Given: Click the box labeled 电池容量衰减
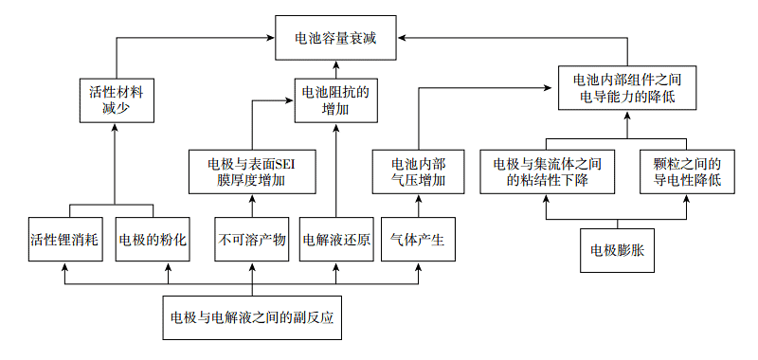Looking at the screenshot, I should (x=335, y=39).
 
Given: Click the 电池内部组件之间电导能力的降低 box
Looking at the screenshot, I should (x=627, y=88).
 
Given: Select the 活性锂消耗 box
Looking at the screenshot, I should (x=64, y=240).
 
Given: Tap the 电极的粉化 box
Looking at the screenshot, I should (x=153, y=240).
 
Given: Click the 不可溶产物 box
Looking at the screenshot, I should (x=252, y=240).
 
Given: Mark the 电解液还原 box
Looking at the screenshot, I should (x=335, y=240).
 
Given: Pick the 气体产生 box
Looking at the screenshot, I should (x=418, y=240).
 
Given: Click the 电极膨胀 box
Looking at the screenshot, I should (x=616, y=250).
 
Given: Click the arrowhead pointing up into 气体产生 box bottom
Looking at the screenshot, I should (x=418, y=268).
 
